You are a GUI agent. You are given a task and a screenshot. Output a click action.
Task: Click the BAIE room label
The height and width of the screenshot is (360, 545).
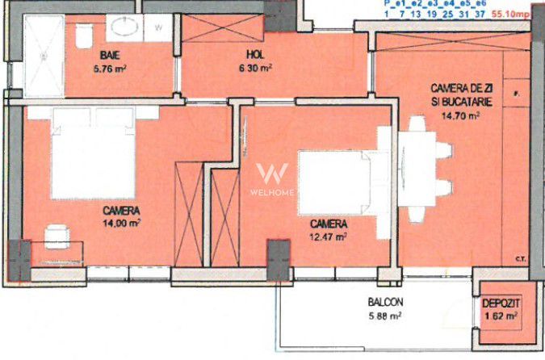click(111, 55)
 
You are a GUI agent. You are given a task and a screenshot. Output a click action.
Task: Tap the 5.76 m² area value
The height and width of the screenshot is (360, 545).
click(111, 69)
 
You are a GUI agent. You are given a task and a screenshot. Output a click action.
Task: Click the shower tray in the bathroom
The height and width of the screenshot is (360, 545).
click(43, 48)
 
